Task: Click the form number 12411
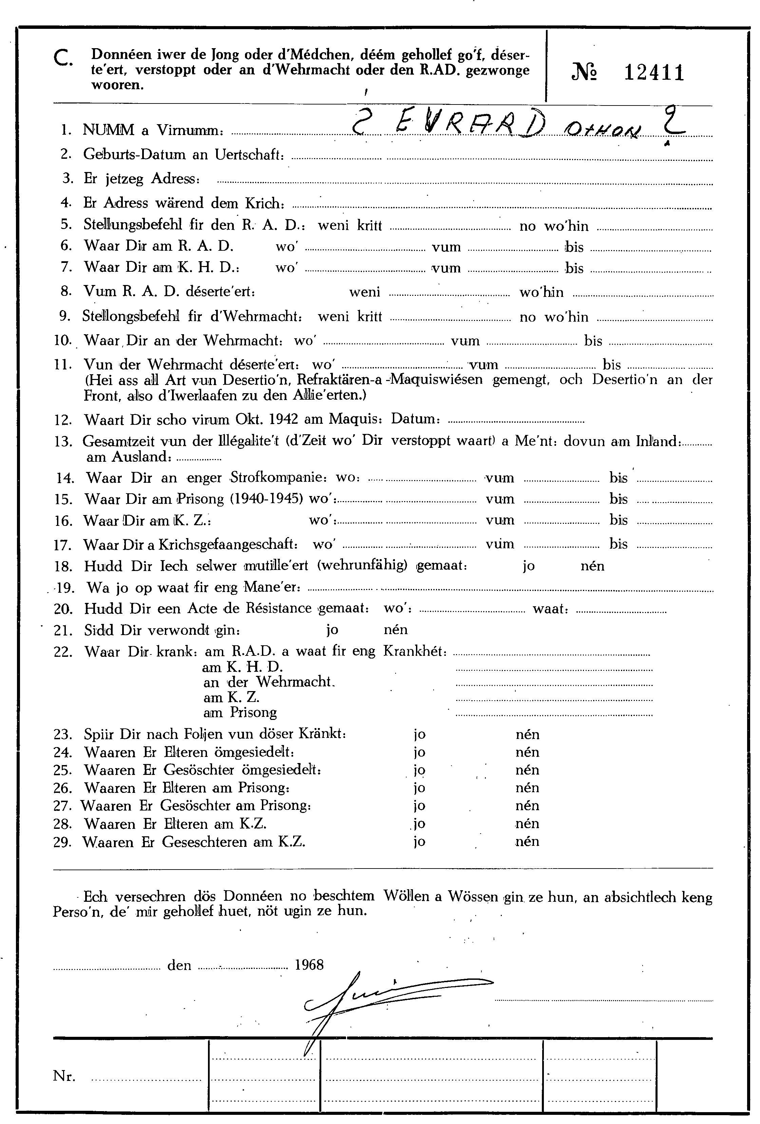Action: (x=654, y=73)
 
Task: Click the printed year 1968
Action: (x=309, y=965)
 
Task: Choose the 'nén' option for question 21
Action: (x=395, y=630)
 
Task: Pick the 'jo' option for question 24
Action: (x=419, y=752)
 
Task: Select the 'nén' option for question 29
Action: (x=527, y=842)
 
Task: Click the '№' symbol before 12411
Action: (x=584, y=73)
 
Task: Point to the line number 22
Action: (x=62, y=651)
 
